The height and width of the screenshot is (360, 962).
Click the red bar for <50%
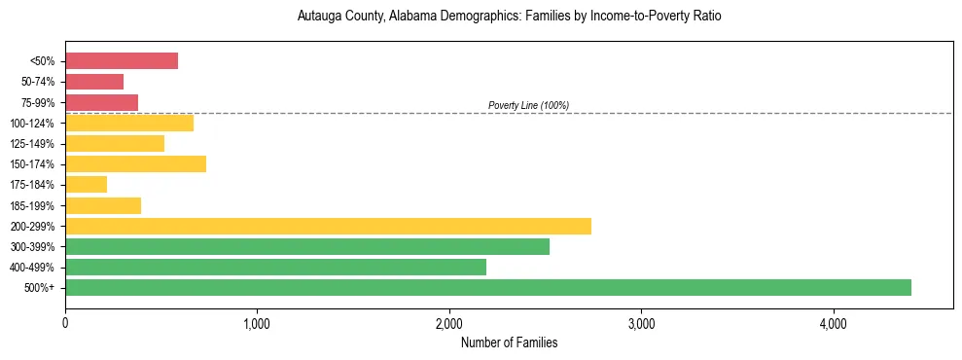coord(122,61)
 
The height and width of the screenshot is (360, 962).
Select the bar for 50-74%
coord(94,82)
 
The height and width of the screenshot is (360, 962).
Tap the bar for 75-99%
coord(101,102)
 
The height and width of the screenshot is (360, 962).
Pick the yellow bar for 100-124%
coord(129,123)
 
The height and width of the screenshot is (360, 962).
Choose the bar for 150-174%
coord(135,164)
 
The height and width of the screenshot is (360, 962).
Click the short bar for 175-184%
coord(86,185)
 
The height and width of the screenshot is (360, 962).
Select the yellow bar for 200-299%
coord(328,226)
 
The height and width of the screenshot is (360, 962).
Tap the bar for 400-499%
coord(275,267)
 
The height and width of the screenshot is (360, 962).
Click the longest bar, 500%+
coord(488,287)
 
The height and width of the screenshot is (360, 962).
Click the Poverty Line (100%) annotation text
coord(528,105)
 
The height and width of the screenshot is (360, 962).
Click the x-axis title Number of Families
coord(509,342)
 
